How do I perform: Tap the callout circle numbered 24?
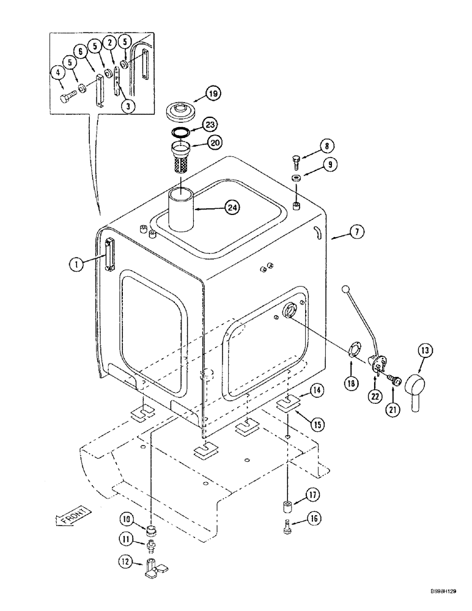tap(231, 208)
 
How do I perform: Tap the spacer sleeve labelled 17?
tap(287, 507)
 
